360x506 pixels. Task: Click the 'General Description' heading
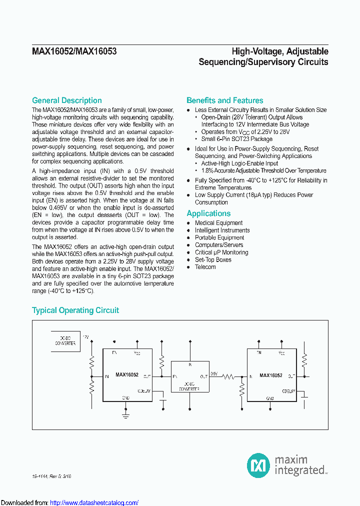67,100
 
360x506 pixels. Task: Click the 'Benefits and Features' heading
224,100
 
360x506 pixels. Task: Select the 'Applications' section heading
208,213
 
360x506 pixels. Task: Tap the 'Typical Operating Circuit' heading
75,310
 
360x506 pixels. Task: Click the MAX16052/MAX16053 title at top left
74,51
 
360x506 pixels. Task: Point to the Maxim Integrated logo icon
258,465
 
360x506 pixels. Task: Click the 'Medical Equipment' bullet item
218,223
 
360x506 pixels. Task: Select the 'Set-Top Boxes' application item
213,259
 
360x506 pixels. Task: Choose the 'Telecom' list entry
205,267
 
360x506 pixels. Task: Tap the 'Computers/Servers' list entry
219,245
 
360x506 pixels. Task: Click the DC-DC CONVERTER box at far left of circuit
64,340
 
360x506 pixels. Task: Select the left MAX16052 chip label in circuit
126,374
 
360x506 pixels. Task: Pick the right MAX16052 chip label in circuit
270,375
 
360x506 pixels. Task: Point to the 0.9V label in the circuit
214,373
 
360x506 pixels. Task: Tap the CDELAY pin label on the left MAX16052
143,391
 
